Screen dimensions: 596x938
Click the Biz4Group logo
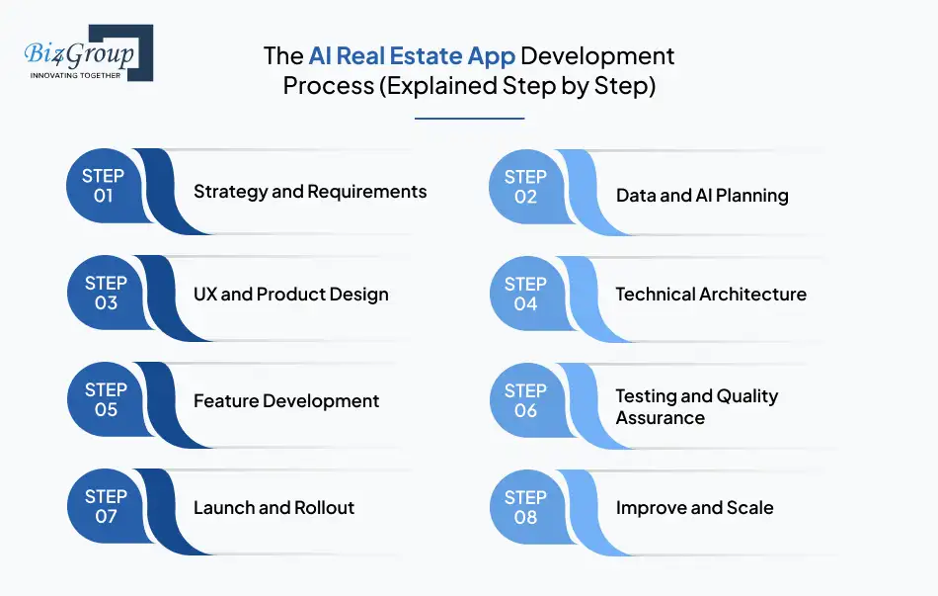[x=86, y=51]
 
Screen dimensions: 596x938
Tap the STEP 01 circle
[x=104, y=186]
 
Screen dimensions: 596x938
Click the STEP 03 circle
[x=104, y=294]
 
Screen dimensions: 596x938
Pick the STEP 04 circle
[x=525, y=294]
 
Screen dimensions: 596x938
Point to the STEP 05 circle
[x=104, y=400]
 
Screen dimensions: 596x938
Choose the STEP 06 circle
[x=525, y=400]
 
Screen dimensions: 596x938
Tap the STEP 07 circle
[x=104, y=507]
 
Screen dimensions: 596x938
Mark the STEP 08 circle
[x=525, y=507]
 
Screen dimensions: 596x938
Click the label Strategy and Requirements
[x=310, y=191]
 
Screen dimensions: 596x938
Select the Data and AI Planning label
[x=702, y=196]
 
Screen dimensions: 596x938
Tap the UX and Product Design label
[x=290, y=294]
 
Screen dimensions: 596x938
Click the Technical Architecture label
[x=711, y=294]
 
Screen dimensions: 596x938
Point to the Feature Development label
[x=286, y=400]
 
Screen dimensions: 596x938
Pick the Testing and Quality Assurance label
[x=697, y=406]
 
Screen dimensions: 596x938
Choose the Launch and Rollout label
[x=274, y=508]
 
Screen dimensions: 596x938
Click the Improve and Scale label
[x=694, y=508]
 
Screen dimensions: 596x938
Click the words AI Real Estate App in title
[x=412, y=55]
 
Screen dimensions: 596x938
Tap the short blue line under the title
[x=469, y=119]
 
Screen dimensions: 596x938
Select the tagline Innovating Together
[x=75, y=75]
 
